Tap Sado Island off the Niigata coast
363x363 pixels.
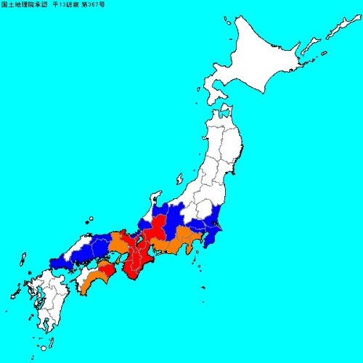(181, 178)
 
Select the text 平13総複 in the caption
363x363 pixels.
(64, 6)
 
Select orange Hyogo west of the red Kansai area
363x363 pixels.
(116, 243)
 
